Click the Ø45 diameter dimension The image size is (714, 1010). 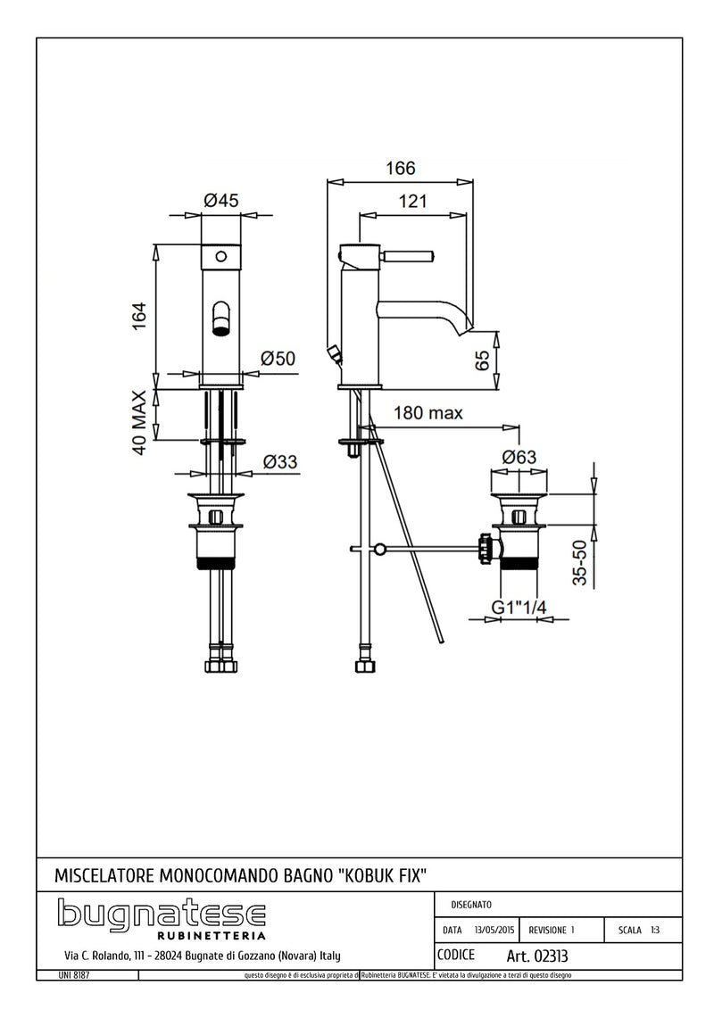pos(220,201)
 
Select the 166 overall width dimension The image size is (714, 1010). pos(401,168)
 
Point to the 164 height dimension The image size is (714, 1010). pos(139,316)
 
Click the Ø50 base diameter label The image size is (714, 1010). pos(278,359)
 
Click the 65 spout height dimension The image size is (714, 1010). pos(483,360)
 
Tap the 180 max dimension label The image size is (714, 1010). pos(428,413)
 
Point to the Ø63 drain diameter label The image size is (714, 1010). pos(519,456)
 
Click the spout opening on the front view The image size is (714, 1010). pos(220,319)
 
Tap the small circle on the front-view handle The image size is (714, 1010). pos(220,258)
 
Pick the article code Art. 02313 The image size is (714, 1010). pos(536,956)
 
